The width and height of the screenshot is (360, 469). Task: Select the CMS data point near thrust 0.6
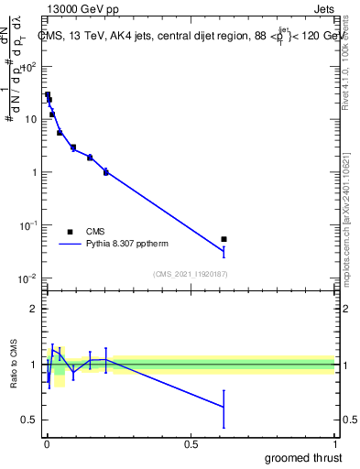tap(224, 239)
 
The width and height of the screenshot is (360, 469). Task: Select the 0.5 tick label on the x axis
tap(191, 444)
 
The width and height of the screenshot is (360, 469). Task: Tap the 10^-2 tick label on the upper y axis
tap(29, 278)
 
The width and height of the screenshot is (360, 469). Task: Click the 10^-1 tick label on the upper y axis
tap(29, 225)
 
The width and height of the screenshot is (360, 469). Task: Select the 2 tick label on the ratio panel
tap(35, 309)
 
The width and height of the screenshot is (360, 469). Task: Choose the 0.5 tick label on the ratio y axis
tap(30, 420)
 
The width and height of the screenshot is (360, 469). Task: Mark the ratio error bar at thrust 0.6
tap(224, 408)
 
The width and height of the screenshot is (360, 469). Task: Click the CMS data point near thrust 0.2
tap(106, 172)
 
